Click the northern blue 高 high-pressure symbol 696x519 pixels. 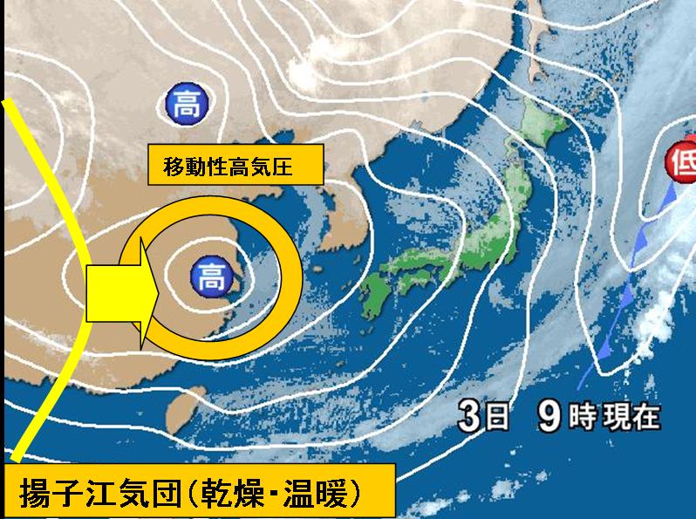(x=185, y=106)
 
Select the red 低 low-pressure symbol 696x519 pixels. (x=681, y=161)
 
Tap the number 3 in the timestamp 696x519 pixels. (x=468, y=417)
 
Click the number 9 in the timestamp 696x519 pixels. (x=548, y=417)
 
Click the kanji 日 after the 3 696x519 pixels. (x=495, y=418)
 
